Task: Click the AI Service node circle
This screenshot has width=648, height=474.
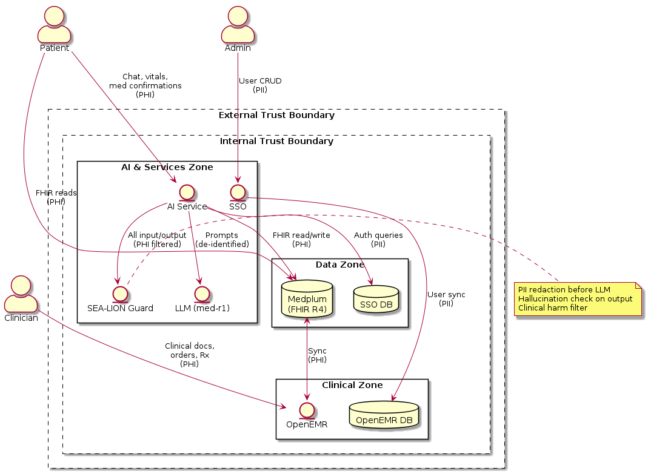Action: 187,192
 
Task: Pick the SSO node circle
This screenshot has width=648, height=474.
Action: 238,192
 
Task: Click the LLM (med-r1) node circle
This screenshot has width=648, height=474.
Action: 201,293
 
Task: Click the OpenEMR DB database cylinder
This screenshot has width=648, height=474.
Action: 385,415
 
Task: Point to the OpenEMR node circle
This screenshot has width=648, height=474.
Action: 307,409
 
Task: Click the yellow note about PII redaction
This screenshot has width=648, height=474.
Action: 578,298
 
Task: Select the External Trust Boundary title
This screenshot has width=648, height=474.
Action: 276,115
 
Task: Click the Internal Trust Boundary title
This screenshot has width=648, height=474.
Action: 276,141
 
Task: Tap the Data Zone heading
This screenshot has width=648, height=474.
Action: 339,265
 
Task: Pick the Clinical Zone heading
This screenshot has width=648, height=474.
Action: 352,385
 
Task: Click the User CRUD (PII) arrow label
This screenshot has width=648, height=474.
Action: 260,85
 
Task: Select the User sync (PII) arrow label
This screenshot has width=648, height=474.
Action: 446,298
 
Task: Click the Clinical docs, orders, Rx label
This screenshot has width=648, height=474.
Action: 190,355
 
